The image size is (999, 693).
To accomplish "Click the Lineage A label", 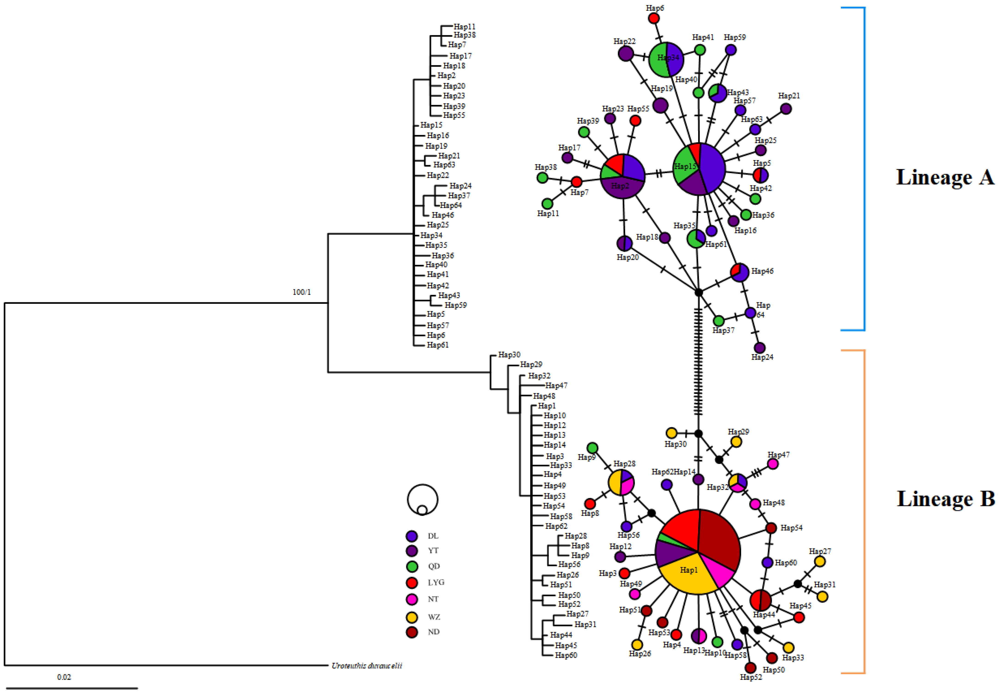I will point(944,177).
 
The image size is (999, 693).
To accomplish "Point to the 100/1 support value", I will point(302,292).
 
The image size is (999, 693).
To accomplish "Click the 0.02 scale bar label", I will point(64,677).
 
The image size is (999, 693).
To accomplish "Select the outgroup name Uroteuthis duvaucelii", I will point(367,666).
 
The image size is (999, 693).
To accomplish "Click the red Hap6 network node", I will point(654,18).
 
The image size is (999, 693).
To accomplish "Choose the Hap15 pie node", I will point(699,168).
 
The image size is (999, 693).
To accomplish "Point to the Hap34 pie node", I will point(666,59).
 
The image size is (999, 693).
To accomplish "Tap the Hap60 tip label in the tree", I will point(566,655).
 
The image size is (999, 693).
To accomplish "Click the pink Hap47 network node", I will point(772,464).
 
